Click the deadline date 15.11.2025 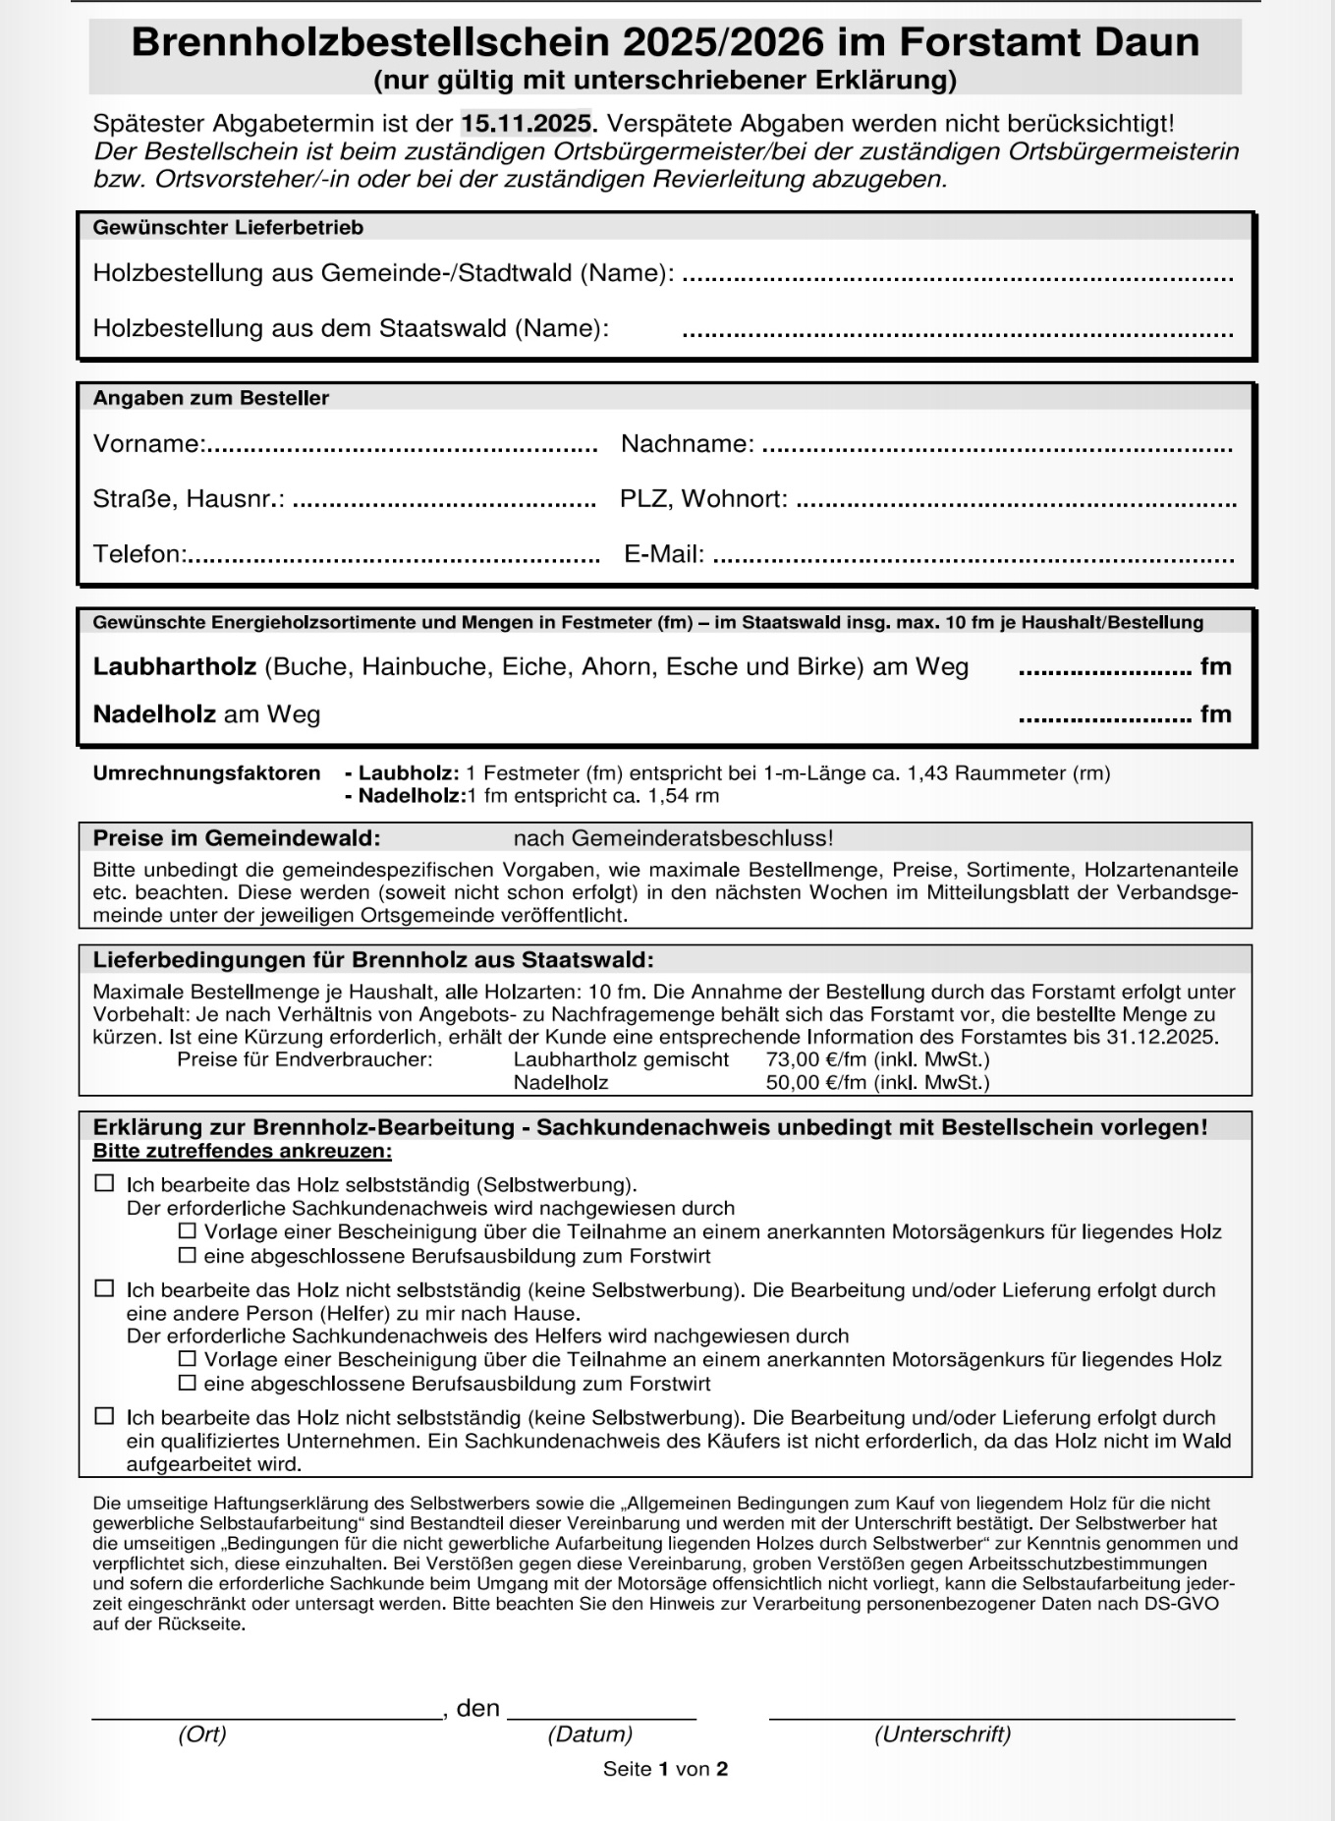point(528,124)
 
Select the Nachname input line point(996,447)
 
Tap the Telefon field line point(393,557)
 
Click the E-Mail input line point(973,557)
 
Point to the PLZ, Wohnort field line point(1016,502)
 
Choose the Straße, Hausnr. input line point(444,502)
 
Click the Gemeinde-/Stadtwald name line point(957,276)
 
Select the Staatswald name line point(957,331)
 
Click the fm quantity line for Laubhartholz point(1104,670)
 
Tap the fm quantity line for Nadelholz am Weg point(1104,717)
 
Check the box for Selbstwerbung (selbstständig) point(104,1183)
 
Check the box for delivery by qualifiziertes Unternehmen point(104,1416)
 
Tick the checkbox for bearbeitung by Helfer point(104,1288)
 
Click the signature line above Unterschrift point(1001,1716)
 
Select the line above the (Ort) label point(266,1716)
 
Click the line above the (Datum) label point(601,1716)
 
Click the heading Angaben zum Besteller point(211,398)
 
